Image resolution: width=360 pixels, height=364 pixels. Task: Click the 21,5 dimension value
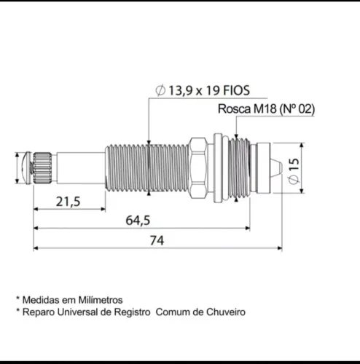click(68, 202)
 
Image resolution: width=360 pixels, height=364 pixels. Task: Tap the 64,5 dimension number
click(138, 221)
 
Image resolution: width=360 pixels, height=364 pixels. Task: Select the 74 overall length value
click(157, 240)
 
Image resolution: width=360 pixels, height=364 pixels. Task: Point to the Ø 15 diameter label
click(294, 171)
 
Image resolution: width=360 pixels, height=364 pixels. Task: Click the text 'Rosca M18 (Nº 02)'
click(266, 108)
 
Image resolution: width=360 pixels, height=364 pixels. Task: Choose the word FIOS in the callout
click(236, 90)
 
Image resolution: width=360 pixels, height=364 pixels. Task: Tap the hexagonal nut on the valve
click(198, 168)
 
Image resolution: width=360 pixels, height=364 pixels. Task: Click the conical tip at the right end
click(277, 168)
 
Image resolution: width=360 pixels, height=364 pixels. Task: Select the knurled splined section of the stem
click(42, 168)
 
